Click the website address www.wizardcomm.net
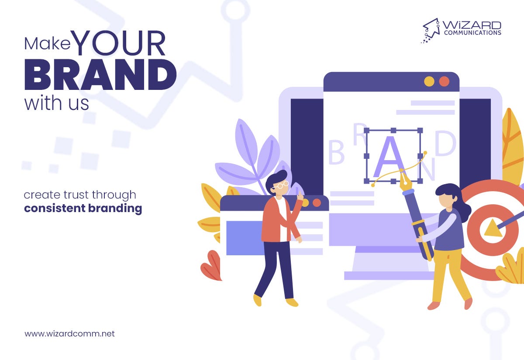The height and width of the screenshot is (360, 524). (70, 334)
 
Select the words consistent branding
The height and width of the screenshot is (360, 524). (83, 208)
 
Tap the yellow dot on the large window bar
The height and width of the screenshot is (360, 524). (429, 81)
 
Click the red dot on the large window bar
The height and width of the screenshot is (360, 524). (444, 81)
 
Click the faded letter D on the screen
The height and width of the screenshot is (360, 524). (445, 144)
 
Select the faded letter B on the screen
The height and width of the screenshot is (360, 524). (336, 153)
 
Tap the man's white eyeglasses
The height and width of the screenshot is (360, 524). (280, 185)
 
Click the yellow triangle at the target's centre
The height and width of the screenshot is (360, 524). (493, 228)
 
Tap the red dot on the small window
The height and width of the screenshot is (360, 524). (317, 202)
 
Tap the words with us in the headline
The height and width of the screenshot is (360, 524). (56, 103)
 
